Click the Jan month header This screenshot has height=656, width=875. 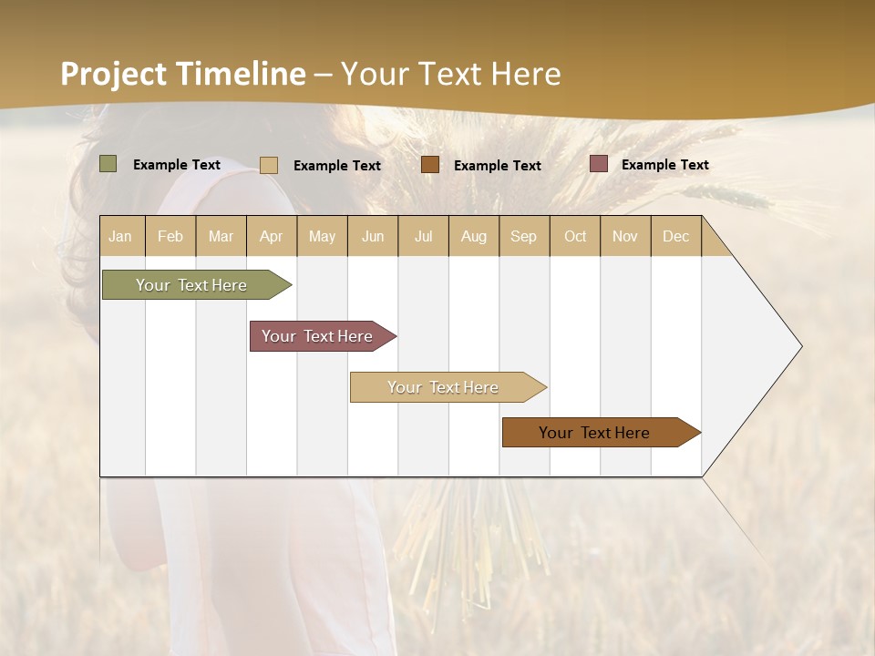[x=120, y=236]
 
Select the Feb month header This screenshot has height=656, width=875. [x=170, y=236]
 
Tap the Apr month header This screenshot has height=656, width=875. [x=271, y=236]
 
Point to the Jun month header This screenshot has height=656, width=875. [x=373, y=236]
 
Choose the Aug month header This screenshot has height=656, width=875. [x=473, y=236]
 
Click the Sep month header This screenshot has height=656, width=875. [x=523, y=236]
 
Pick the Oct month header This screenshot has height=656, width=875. [x=575, y=236]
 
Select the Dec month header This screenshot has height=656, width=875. [x=675, y=236]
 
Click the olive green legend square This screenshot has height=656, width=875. [x=108, y=164]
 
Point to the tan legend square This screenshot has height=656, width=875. [x=269, y=165]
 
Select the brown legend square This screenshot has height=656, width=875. [x=430, y=165]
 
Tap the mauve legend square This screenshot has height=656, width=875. [x=599, y=164]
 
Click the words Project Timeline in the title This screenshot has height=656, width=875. [x=183, y=74]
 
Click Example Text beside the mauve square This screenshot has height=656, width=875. [x=664, y=165]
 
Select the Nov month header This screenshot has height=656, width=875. [x=624, y=236]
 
